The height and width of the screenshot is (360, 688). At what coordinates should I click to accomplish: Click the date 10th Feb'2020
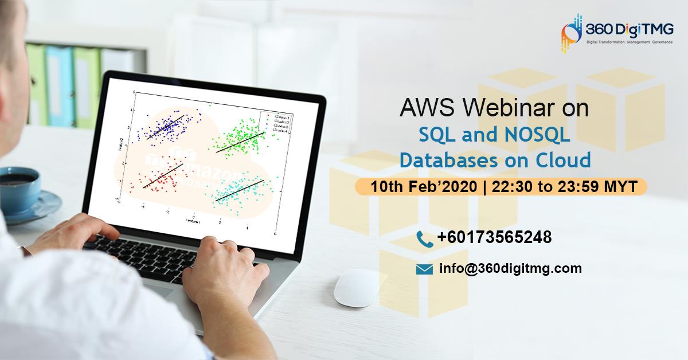[x=424, y=186]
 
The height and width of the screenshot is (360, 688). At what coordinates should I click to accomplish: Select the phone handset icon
[x=424, y=237]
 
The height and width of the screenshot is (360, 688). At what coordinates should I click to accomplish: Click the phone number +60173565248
[x=494, y=237]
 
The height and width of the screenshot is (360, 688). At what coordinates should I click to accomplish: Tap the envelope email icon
[x=424, y=269]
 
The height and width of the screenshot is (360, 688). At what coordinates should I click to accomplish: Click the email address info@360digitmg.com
[x=511, y=268]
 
